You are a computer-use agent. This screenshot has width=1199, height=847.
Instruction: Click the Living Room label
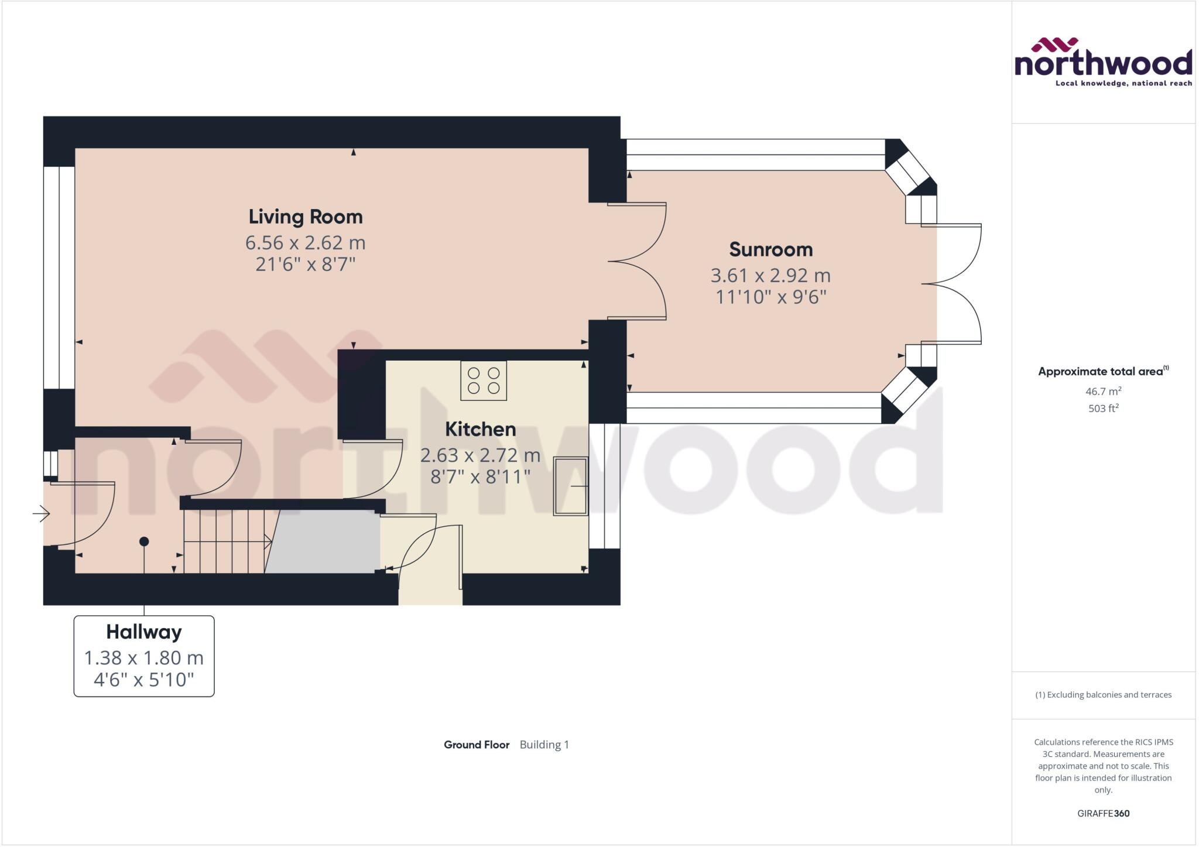[305, 217]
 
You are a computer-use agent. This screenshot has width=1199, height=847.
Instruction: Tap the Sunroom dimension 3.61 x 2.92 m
[770, 275]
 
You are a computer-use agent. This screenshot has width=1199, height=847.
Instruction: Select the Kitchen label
[480, 430]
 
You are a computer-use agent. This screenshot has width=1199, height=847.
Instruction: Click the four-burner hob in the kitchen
[484, 380]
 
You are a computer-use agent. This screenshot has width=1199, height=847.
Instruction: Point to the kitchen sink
[570, 486]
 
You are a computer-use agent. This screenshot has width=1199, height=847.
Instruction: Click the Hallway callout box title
[144, 632]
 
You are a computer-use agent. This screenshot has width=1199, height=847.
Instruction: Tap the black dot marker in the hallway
[144, 541]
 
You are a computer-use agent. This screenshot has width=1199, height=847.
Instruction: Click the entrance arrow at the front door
[41, 514]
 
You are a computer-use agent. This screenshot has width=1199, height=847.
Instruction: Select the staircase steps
[225, 541]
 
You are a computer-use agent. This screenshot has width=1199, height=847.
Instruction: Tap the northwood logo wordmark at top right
[1103, 63]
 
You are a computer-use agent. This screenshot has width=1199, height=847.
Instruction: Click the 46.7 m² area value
[1103, 391]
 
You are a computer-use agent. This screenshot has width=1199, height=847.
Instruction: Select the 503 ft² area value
[1103, 408]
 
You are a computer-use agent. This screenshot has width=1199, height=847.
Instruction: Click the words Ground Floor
[477, 745]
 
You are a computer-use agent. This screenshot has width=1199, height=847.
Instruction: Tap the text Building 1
[544, 745]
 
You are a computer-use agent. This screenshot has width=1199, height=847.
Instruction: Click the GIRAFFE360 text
[1103, 813]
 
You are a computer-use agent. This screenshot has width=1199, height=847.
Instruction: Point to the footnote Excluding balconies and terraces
[1103, 695]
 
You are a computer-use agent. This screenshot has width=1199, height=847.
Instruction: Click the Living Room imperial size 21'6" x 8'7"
[305, 265]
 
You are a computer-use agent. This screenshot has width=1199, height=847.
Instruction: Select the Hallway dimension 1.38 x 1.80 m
[144, 658]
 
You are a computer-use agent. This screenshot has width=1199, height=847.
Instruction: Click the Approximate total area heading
[1101, 371]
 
